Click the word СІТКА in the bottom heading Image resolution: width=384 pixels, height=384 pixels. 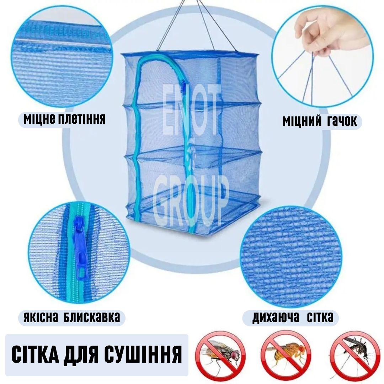click(35, 354)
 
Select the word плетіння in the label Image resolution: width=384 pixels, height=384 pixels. click(82, 119)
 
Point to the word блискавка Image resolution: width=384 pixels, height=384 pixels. click(92, 317)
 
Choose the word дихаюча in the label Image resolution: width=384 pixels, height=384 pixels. click(276, 318)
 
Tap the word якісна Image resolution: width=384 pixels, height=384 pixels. click(41, 317)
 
